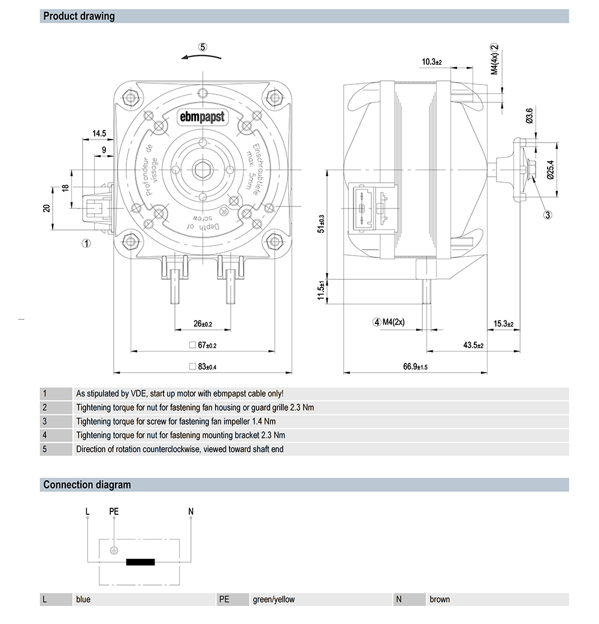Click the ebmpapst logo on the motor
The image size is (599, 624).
coord(202,117)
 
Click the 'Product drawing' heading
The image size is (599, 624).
coord(78,16)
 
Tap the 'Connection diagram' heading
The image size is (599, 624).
coord(87,484)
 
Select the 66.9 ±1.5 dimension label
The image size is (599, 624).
coord(416,366)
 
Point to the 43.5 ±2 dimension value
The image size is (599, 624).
coord(473,346)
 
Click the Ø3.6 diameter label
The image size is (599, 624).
coord(529,116)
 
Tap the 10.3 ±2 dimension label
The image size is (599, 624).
coord(431,62)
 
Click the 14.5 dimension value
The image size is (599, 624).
coord(99,133)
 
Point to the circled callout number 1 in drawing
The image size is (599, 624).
coord(86,243)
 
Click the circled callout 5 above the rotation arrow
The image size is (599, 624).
coord(203,47)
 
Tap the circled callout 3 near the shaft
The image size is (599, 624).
coord(547,214)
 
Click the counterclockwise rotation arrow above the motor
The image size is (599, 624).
coord(202,57)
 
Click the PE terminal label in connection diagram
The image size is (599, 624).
coord(114,511)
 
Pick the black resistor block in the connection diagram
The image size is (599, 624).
coord(140,562)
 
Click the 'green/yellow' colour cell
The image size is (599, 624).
coord(274,599)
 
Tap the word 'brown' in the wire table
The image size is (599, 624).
coord(440,599)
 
